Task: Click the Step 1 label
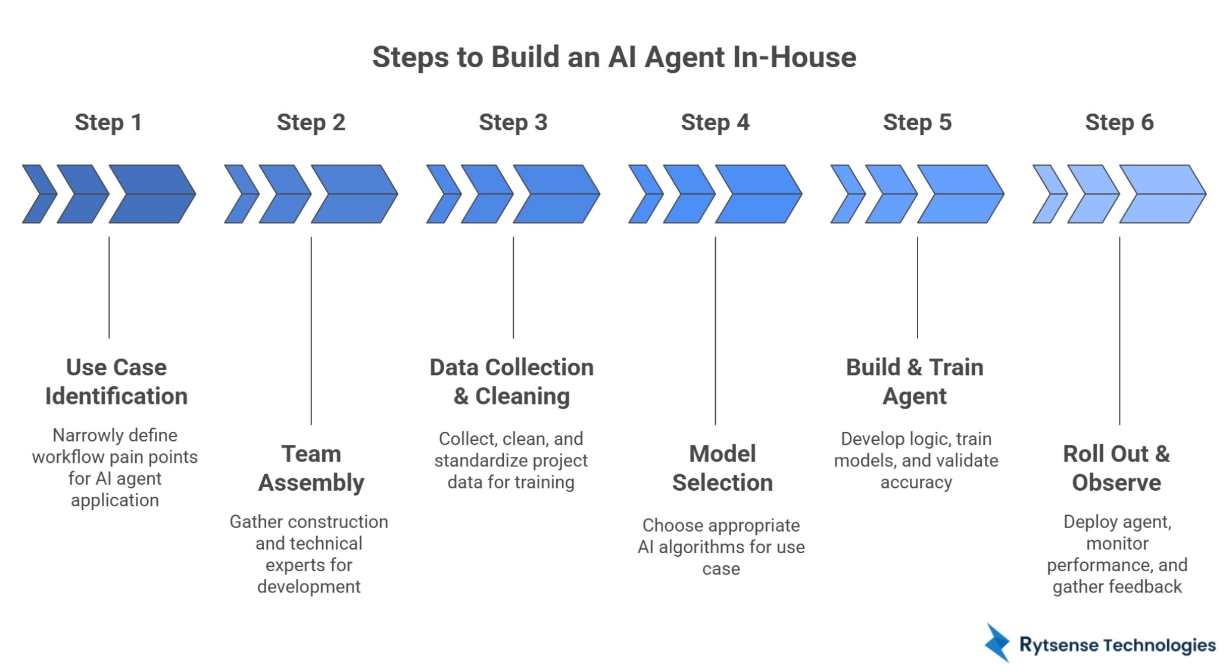[x=108, y=123]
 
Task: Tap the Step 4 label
[x=715, y=123]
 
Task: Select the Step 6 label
[x=1119, y=123]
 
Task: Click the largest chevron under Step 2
[x=354, y=194]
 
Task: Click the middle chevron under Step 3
[x=486, y=194]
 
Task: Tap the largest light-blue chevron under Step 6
[x=1162, y=194]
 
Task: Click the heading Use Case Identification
[x=116, y=381]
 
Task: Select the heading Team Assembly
[x=311, y=468]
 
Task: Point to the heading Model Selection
[x=722, y=468]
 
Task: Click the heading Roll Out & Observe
[x=1116, y=468]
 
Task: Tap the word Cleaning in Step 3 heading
[x=522, y=396]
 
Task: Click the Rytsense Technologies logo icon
[x=997, y=643]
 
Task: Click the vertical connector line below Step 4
[x=715, y=330]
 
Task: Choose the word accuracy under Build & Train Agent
[x=916, y=482]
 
